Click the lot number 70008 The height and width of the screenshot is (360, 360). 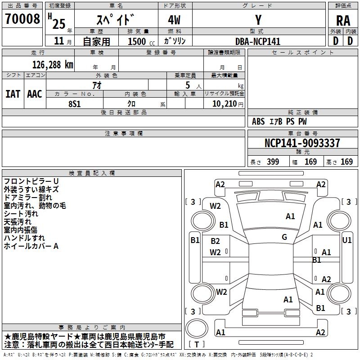click(22, 19)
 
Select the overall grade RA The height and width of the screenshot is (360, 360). click(343, 20)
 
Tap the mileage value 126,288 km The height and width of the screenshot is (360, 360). click(52, 64)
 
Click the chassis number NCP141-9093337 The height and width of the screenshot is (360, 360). click(302, 143)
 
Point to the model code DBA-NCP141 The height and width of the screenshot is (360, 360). click(258, 41)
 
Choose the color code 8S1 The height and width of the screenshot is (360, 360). click(74, 103)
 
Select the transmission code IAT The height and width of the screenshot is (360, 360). click(13, 94)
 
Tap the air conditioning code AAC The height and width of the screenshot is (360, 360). click(35, 94)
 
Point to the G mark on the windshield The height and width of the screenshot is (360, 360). click(284, 237)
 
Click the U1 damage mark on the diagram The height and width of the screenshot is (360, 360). click(347, 240)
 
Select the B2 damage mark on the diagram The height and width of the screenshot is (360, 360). click(215, 242)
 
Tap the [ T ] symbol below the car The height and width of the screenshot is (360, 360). click(197, 345)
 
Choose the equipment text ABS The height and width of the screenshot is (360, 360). click(258, 121)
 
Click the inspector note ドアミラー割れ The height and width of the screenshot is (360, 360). click(28, 197)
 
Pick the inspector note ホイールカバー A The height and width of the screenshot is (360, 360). click(31, 246)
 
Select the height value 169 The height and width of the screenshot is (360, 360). click(346, 162)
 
